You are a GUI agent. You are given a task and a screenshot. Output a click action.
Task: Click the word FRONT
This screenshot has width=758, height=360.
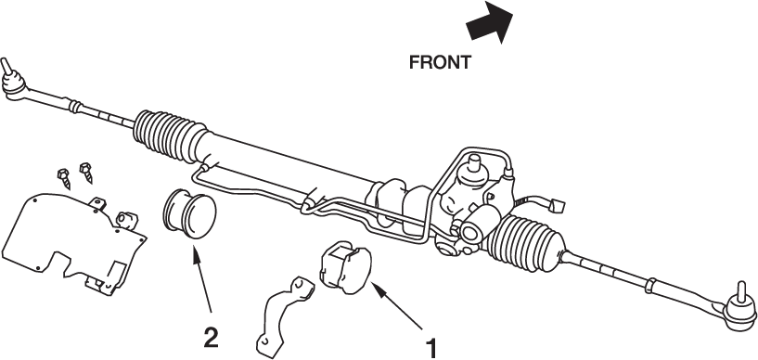[x=440, y=62]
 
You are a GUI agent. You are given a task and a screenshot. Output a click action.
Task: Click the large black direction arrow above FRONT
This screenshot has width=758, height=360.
[x=490, y=21]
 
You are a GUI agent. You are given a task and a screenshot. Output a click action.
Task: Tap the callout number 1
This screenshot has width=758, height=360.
[x=430, y=349]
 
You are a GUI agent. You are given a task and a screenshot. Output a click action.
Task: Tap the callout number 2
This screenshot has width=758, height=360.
[x=211, y=338]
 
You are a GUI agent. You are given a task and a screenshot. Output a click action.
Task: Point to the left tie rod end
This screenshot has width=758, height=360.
[x=14, y=81]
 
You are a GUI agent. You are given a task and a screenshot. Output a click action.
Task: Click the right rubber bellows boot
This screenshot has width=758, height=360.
[x=527, y=243]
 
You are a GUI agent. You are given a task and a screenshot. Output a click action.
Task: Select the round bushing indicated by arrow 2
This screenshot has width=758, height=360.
[x=189, y=213]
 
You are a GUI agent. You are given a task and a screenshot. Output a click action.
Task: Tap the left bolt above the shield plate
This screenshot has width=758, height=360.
[x=64, y=178]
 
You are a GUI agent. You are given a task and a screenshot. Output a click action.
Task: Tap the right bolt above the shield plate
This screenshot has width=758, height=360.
[x=86, y=173]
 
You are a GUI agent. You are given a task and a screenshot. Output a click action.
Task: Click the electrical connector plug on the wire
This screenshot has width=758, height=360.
[x=558, y=206]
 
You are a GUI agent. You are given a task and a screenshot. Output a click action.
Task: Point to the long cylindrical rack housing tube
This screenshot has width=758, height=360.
[x=290, y=161]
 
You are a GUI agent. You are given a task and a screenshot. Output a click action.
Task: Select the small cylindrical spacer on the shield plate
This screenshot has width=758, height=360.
[x=127, y=220]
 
